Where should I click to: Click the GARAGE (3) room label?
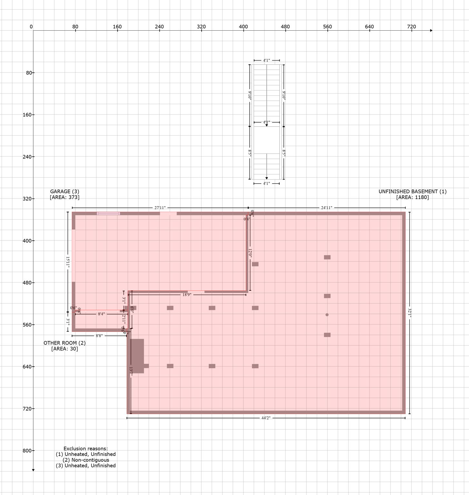click(65, 191)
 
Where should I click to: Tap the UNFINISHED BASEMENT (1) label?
click(412, 191)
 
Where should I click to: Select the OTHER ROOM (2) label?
click(65, 343)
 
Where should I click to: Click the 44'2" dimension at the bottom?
click(265, 418)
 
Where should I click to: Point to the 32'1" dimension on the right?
click(410, 313)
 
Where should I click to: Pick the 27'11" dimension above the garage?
click(160, 208)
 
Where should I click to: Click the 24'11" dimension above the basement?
click(326, 208)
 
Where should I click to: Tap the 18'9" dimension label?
click(187, 295)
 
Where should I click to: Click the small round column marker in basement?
click(327, 315)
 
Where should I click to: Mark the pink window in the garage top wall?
click(108, 213)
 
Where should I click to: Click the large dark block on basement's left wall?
click(137, 356)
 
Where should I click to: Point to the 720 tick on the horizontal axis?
click(411, 27)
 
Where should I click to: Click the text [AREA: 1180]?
click(412, 197)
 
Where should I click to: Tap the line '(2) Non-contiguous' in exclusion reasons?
click(86, 460)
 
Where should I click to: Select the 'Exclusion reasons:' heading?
click(86, 449)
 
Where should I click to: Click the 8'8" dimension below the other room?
click(99, 336)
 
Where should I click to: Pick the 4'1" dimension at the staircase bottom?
click(266, 183)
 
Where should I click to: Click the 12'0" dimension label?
click(250, 252)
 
